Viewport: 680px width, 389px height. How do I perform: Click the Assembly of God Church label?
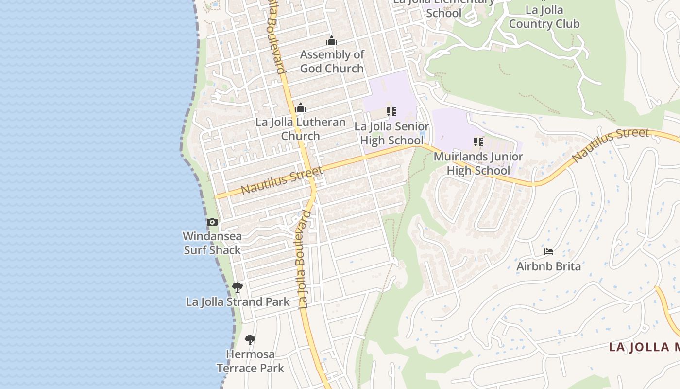tap(332, 61)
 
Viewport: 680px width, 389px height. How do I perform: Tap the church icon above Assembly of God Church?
tap(332, 40)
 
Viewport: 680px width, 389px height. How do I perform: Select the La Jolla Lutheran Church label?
tap(301, 129)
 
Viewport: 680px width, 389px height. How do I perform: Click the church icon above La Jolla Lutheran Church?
tap(301, 107)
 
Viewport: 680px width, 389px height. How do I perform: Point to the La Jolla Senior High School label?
tap(391, 133)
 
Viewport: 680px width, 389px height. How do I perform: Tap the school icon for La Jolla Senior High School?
tap(391, 112)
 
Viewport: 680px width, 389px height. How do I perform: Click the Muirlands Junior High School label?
tap(478, 163)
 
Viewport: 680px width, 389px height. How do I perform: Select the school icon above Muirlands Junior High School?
tap(478, 142)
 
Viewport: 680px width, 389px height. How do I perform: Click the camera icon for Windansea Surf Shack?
tap(212, 222)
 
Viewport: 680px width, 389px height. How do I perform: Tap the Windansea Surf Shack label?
tap(212, 243)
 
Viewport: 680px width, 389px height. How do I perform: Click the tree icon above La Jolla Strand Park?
tap(238, 287)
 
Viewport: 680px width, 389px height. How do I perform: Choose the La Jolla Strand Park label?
tap(238, 301)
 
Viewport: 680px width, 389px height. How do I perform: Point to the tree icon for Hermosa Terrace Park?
tap(250, 340)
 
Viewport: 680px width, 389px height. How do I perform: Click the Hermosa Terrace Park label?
tap(250, 361)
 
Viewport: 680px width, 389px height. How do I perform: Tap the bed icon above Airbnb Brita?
tap(549, 252)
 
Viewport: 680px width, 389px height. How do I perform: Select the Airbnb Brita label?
tap(549, 266)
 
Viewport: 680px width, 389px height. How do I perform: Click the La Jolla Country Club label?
tap(544, 17)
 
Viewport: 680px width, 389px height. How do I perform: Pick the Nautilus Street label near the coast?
tap(282, 180)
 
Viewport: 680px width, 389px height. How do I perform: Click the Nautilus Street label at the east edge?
tap(611, 145)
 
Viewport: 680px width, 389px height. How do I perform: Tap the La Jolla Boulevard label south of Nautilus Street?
tap(304, 260)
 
